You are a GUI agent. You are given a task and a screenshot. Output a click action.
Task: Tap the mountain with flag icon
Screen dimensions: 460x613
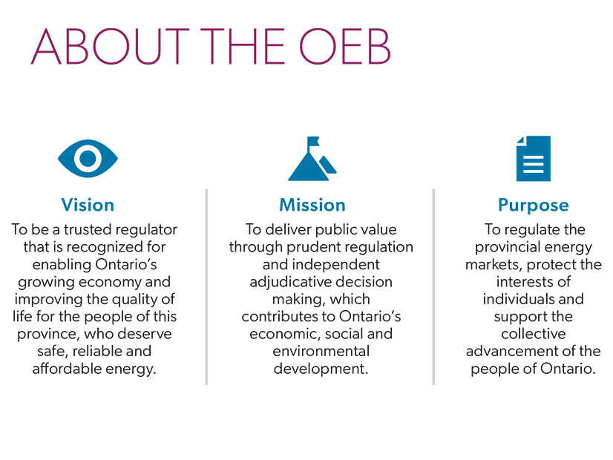click(311, 162)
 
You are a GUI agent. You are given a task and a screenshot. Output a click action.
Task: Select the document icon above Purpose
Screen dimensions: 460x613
click(533, 158)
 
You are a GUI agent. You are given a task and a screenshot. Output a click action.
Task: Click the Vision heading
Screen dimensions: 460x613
click(88, 205)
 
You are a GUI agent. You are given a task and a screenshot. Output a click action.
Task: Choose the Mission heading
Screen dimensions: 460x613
click(312, 205)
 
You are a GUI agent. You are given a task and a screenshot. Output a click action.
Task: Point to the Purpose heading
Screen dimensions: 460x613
click(533, 205)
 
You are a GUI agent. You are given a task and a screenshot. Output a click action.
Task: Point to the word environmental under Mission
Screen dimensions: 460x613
click(321, 351)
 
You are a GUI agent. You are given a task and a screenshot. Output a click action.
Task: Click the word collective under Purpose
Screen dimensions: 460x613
click(533, 334)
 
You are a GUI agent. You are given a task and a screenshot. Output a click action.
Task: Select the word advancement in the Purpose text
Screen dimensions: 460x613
click(513, 351)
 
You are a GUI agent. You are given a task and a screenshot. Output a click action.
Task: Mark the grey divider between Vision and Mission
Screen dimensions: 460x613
click(206, 286)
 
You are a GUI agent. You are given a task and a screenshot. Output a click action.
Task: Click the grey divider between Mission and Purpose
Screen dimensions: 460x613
click(433, 286)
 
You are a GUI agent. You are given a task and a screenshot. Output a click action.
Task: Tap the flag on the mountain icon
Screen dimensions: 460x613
click(313, 141)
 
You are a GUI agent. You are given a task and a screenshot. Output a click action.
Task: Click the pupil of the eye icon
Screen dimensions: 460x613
click(88, 158)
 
